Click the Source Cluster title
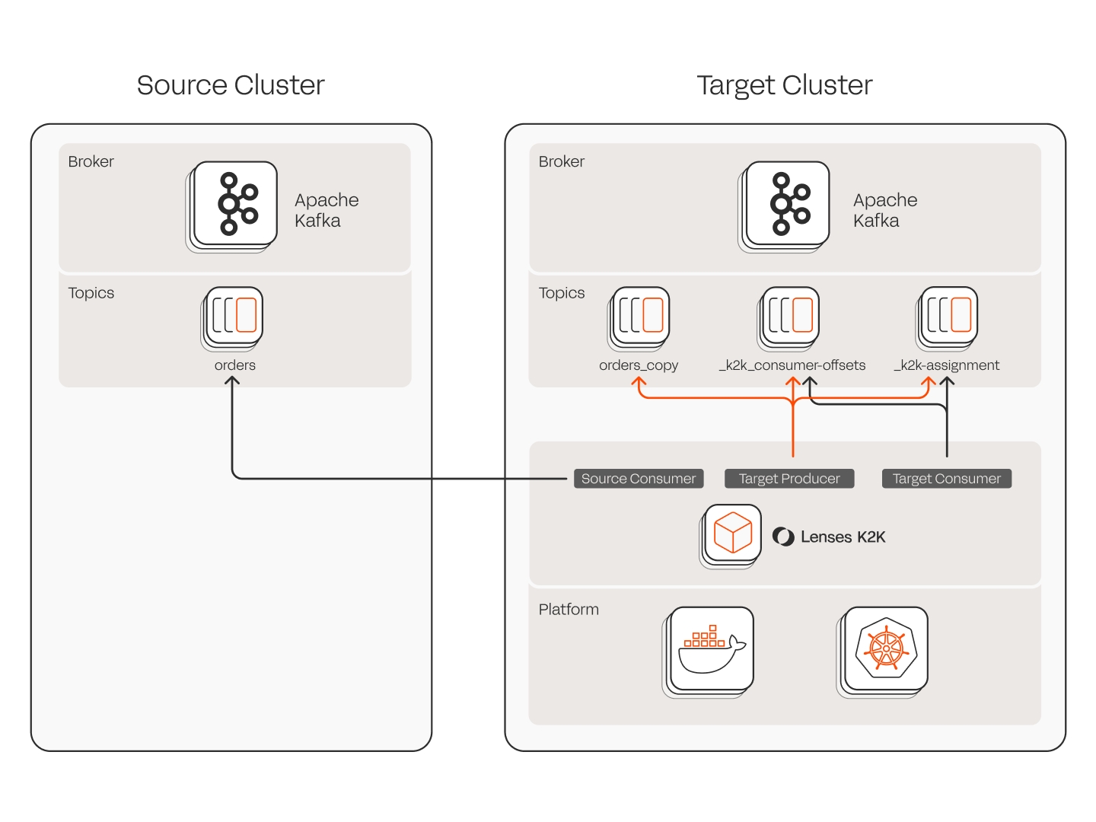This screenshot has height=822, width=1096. tap(231, 85)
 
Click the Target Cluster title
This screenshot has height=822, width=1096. tap(784, 85)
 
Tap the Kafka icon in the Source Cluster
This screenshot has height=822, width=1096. tap(235, 203)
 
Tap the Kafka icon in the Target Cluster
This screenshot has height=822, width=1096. tap(788, 203)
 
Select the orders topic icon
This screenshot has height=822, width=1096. tap(234, 315)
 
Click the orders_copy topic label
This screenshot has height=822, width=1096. tap(639, 365)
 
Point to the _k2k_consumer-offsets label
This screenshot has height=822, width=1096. tap(792, 365)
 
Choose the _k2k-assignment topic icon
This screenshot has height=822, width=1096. tap(949, 315)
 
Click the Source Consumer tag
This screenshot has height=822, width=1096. tap(639, 479)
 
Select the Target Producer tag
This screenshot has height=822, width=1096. tap(789, 479)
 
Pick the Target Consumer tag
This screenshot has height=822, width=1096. tap(947, 479)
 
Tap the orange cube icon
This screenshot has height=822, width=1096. tap(733, 533)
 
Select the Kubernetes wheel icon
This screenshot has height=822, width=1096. tap(886, 648)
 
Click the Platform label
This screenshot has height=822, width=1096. tap(569, 610)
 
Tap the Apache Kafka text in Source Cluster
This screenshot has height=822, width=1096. tap(327, 210)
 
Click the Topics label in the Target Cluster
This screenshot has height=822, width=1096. tap(562, 293)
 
